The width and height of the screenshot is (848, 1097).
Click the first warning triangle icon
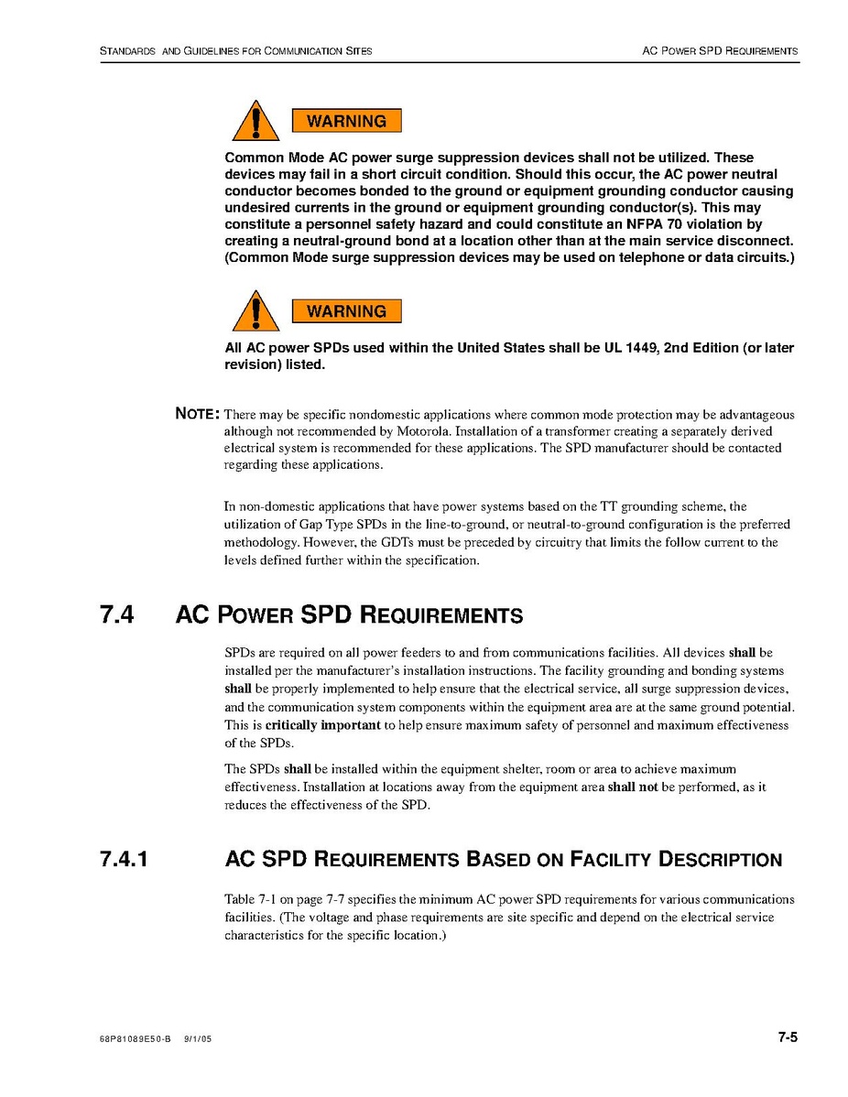point(255,123)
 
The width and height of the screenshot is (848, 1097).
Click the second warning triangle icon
point(255,312)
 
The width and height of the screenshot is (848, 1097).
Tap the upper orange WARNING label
point(346,121)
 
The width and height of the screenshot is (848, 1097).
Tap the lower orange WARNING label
point(346,311)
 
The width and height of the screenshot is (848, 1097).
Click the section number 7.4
point(117,614)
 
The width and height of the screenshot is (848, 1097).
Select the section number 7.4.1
point(125,860)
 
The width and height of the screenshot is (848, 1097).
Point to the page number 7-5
point(788,1037)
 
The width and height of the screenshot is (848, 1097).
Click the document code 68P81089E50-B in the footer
point(135,1040)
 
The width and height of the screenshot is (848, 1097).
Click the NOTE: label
point(197,414)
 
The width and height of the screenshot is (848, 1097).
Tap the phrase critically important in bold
point(322,725)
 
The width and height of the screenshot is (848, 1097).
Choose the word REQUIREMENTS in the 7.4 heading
point(442,615)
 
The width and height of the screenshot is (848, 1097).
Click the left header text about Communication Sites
point(235,50)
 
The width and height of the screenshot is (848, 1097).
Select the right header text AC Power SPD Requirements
point(720,50)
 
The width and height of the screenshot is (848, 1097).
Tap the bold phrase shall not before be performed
point(633,787)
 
